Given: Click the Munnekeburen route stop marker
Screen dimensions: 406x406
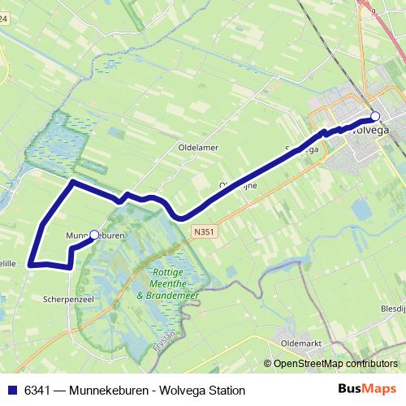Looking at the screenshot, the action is point(94,235).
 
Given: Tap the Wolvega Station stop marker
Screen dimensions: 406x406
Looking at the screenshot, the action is point(374,116).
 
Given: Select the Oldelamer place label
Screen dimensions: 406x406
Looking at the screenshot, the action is point(198,147).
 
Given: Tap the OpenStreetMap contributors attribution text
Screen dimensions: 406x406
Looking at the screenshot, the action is point(335,364).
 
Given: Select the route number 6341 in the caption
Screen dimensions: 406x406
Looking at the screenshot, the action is point(37,390).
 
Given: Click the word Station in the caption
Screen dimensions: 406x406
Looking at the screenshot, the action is point(224,390).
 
